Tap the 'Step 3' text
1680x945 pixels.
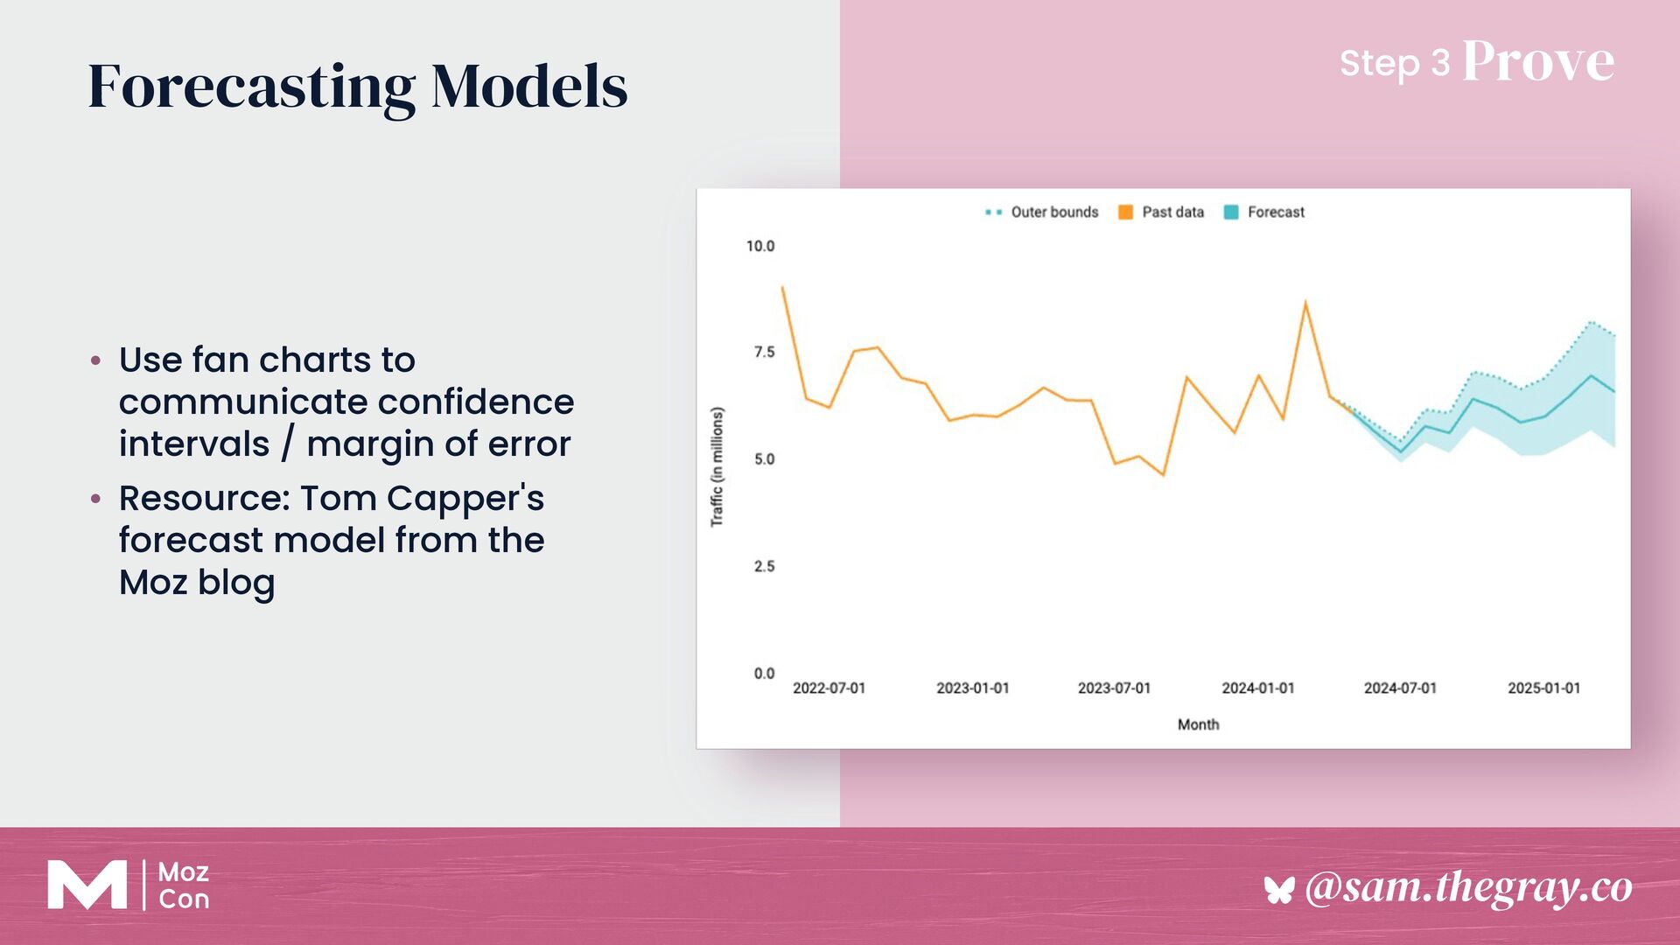(x=1394, y=63)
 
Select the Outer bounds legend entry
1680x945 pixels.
(x=1053, y=212)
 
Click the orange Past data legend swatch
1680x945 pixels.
(x=1125, y=212)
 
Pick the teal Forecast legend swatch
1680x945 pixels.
(x=1231, y=212)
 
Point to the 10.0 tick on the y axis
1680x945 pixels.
(x=759, y=246)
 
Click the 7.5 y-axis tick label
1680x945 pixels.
(x=764, y=352)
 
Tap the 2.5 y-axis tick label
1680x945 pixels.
(x=764, y=566)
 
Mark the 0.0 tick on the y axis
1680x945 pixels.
(x=764, y=673)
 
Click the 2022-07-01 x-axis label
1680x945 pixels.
(x=829, y=688)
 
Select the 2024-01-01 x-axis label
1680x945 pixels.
(x=1257, y=688)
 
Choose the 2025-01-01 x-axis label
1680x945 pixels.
(x=1543, y=688)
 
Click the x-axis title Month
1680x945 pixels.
(x=1198, y=724)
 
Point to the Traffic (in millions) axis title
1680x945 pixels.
(x=717, y=466)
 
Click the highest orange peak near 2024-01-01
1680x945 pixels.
(x=1305, y=304)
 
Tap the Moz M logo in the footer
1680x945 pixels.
(x=87, y=885)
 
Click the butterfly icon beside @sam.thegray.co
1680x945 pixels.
(x=1278, y=890)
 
